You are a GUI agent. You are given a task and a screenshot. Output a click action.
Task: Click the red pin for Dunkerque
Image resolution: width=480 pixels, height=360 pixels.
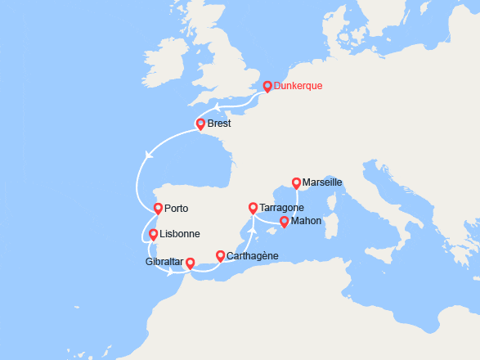tap(267, 86)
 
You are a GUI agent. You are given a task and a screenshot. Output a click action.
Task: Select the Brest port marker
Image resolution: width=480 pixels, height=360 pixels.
tap(200, 124)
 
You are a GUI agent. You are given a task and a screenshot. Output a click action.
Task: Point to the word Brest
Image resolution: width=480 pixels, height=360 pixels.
tap(219, 124)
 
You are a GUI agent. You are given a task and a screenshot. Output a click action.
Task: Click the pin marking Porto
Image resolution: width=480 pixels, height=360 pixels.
tap(159, 209)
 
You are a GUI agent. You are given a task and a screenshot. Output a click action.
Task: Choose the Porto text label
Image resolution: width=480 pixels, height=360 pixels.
tap(177, 209)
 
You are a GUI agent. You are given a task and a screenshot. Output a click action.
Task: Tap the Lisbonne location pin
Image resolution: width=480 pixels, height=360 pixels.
tap(153, 234)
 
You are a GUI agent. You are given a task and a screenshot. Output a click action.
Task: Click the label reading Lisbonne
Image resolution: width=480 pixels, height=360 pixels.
tap(179, 234)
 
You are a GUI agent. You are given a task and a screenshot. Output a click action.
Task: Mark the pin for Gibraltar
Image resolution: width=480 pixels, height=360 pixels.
tap(190, 263)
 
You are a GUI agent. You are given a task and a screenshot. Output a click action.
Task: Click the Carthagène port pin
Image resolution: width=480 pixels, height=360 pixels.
tap(220, 256)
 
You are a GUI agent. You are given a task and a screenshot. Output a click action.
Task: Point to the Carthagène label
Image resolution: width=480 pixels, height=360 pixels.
tap(253, 256)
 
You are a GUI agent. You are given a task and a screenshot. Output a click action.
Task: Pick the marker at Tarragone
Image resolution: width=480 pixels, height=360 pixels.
tap(253, 208)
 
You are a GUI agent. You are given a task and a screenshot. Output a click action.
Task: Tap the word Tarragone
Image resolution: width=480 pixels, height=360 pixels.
tap(282, 208)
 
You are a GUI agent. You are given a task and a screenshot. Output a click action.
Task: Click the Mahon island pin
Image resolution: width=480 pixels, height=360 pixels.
tap(284, 221)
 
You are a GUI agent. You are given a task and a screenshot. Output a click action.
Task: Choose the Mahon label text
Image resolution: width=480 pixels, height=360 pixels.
tap(305, 221)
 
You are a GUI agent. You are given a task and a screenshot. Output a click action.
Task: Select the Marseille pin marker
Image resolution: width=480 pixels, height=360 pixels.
tap(296, 182)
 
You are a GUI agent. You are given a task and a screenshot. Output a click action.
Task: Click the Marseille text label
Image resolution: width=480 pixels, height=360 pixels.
tap(322, 182)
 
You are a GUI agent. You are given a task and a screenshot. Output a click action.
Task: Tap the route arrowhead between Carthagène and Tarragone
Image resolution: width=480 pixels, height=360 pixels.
tap(252, 229)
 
